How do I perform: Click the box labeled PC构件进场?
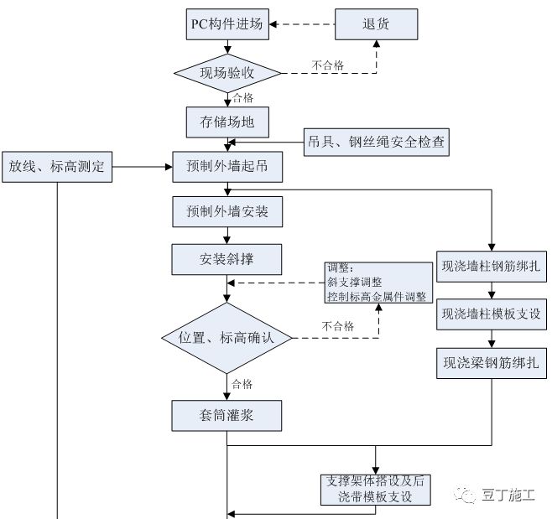[227, 24]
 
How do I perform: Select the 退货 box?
[376, 24]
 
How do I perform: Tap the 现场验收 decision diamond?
[227, 73]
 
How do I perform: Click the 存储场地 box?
[227, 122]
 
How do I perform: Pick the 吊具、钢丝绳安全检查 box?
[375, 143]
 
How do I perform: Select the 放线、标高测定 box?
[56, 167]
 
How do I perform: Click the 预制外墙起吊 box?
[227, 167]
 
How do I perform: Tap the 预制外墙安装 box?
[227, 212]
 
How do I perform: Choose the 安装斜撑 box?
[227, 258]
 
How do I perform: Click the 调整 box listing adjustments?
[376, 283]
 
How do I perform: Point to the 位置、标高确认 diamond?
[227, 338]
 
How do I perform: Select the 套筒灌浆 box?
[227, 415]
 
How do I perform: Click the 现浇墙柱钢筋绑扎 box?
[492, 269]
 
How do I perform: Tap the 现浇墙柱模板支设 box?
[492, 316]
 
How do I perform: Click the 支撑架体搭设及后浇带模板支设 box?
[375, 490]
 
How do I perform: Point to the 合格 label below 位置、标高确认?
[242, 384]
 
